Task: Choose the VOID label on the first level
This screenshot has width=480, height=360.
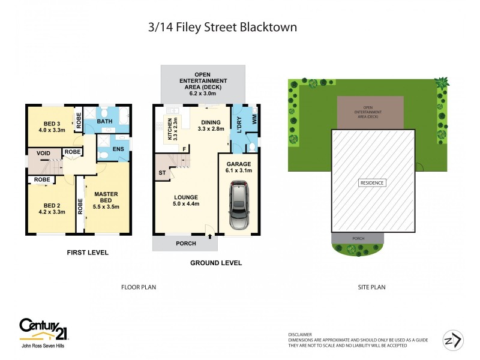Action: pos(43,153)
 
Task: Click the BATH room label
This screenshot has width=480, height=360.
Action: pos(105,122)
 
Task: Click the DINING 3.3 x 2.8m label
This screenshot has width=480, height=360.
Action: pos(210,125)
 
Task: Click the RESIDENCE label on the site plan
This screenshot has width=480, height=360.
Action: pos(372,182)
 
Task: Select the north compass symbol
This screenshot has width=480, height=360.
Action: pos(453,340)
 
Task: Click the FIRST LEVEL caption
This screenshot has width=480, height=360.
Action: pos(88,253)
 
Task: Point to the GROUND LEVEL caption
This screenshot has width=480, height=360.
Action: pos(215,263)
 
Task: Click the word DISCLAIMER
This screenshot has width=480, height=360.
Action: pos(301,335)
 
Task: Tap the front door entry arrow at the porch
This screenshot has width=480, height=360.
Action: pos(210,237)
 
